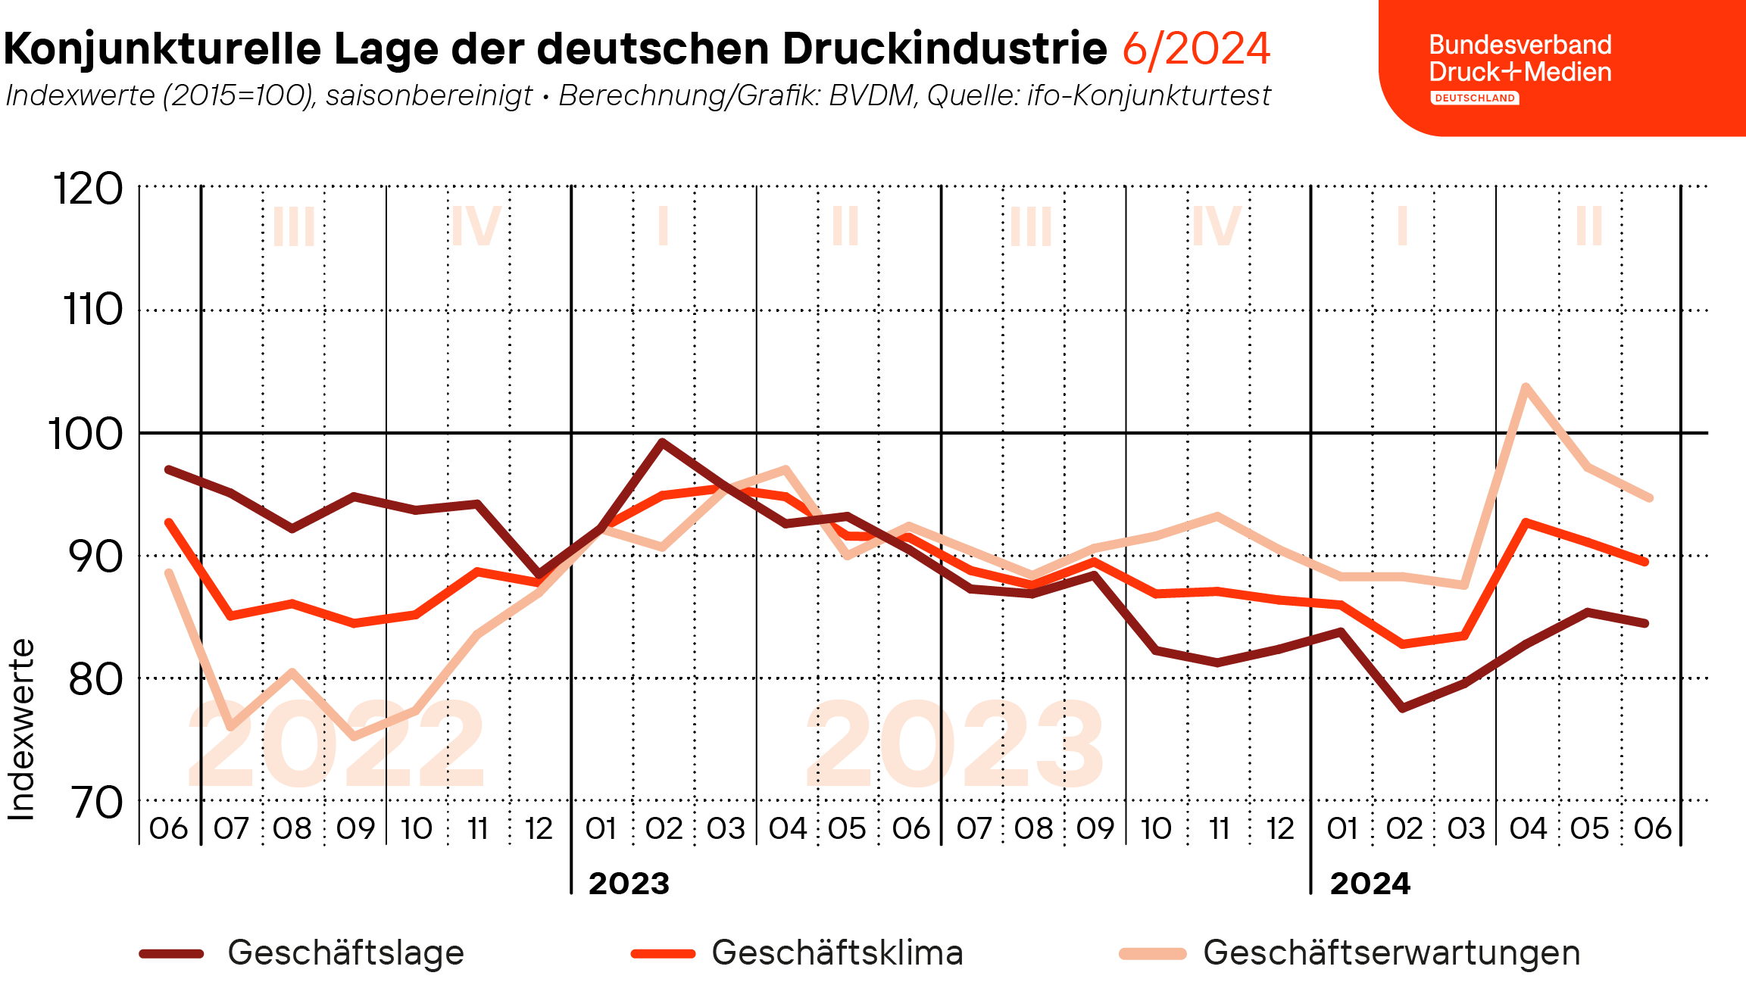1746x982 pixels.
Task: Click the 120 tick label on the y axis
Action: click(88, 189)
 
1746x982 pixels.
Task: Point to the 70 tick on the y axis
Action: click(97, 803)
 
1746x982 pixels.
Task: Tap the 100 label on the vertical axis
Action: click(86, 435)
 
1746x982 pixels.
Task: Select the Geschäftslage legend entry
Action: click(345, 952)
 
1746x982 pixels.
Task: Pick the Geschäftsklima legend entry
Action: click(837, 952)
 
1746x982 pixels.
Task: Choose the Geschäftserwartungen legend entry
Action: click(1391, 952)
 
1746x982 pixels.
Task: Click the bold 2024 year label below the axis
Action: click(1370, 884)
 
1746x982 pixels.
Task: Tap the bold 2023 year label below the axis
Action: click(629, 884)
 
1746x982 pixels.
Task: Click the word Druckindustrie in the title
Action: click(945, 48)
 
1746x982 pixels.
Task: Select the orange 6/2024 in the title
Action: click(1196, 48)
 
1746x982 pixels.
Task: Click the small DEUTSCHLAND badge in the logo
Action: click(1474, 98)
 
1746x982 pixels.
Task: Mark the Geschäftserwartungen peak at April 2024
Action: click(1526, 388)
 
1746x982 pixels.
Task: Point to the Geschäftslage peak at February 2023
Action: click(662, 442)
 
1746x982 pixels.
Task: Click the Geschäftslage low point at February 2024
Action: click(1403, 708)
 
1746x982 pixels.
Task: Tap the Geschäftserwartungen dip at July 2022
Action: click(230, 727)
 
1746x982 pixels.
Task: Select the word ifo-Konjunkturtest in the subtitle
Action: click(1148, 96)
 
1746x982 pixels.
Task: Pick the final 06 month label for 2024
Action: click(1652, 828)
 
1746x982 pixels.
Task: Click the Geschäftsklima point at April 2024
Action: click(1526, 522)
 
